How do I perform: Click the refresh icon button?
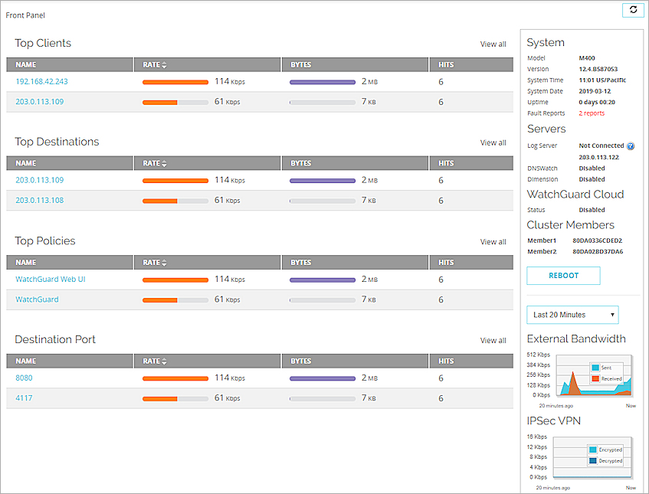[633, 9]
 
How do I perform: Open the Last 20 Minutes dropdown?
[572, 315]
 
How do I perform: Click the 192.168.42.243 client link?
[41, 81]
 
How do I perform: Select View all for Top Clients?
[493, 44]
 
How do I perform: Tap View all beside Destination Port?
[493, 340]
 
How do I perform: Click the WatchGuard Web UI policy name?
[51, 280]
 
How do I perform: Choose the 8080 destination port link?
[24, 378]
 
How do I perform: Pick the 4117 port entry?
[24, 398]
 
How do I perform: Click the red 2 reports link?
[592, 113]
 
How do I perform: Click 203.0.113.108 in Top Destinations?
[39, 201]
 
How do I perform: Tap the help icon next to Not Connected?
[631, 146]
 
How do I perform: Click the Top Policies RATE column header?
[155, 263]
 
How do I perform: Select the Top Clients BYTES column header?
[301, 65]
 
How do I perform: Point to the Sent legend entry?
[605, 368]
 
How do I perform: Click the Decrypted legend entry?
[610, 461]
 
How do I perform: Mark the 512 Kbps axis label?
[539, 355]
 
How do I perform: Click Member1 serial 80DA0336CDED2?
[598, 240]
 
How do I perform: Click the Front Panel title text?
[25, 15]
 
